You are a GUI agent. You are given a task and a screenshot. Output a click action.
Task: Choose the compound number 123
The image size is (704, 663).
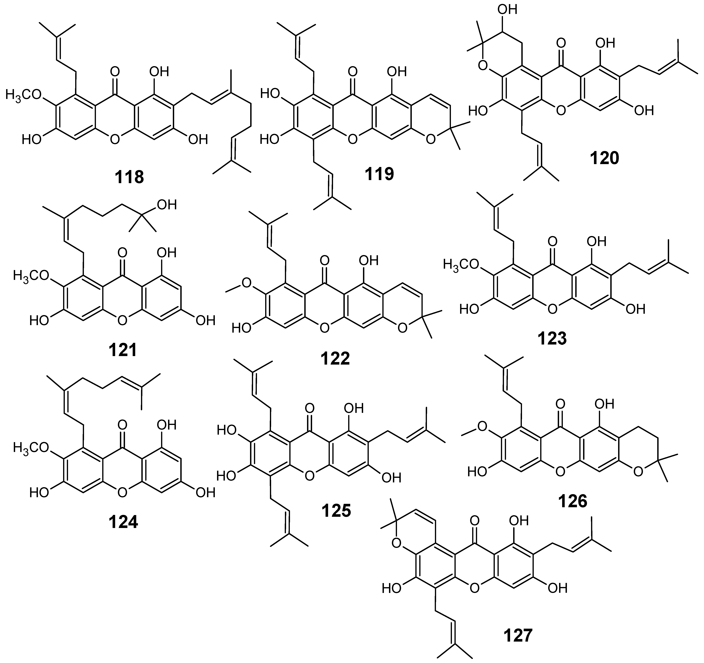point(552,339)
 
